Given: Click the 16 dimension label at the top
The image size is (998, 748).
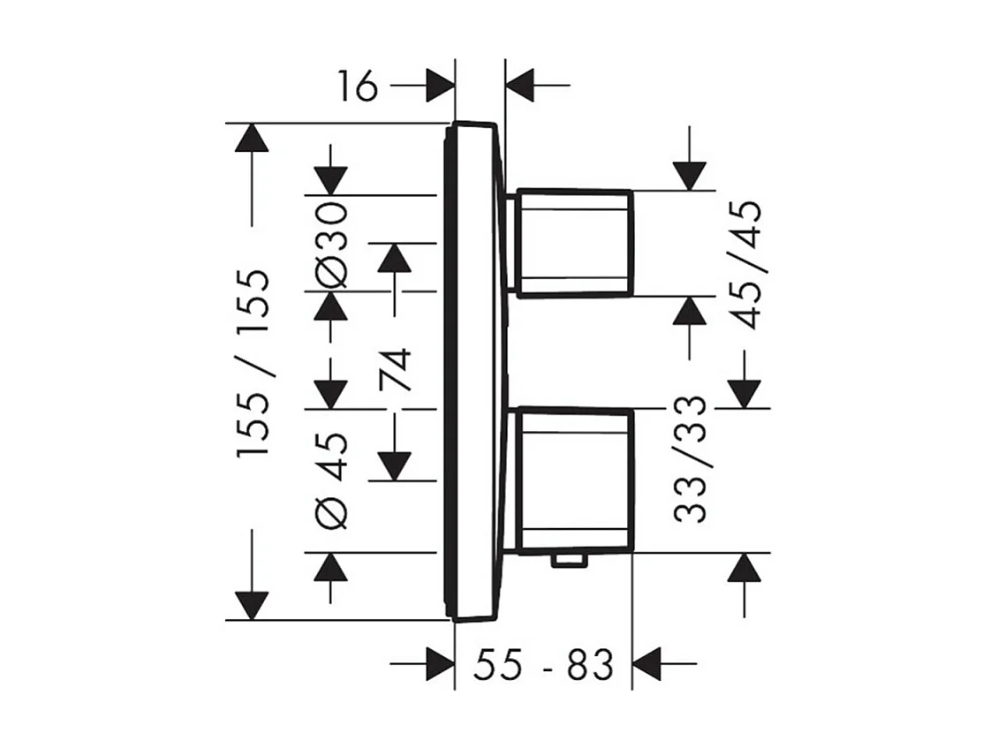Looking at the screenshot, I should (356, 87).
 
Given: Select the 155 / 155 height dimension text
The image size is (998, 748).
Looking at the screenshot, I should (253, 363).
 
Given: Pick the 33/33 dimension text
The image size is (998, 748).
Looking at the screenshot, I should (690, 459).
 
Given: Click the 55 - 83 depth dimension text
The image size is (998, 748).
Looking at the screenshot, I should (542, 665).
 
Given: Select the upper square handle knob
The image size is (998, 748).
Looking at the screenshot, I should (575, 243).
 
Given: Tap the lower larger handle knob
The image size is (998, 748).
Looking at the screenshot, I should (575, 480).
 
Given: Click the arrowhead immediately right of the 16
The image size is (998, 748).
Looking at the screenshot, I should (439, 87).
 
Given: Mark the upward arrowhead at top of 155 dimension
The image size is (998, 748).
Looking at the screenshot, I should (252, 139).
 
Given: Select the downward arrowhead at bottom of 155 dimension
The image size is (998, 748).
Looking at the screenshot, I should (252, 605).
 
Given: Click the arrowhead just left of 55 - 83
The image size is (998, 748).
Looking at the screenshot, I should (439, 664).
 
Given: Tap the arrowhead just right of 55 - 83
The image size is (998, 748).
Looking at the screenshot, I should (648, 664).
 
